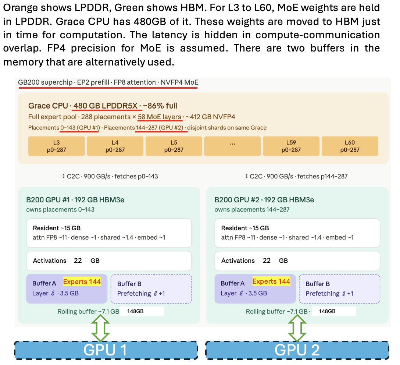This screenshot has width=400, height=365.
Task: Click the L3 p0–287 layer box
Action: tap(56, 146)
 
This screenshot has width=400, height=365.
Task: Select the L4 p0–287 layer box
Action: tap(115, 146)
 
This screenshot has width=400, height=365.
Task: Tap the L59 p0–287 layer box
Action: tap(291, 146)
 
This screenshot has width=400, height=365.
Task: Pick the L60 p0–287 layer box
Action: tap(350, 146)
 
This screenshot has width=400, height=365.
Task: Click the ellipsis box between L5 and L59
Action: tap(232, 146)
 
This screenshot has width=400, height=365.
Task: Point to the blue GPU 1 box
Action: tap(106, 350)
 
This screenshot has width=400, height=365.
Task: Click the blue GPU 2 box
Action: tap(297, 350)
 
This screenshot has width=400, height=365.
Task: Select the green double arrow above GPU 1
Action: tap(100, 328)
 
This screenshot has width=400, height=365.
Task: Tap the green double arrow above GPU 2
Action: tap(297, 328)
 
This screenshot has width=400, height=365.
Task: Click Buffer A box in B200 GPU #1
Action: tap(67, 289)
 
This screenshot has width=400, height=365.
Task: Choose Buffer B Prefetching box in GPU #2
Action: tap(340, 289)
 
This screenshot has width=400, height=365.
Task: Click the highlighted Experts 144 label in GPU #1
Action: tap(82, 282)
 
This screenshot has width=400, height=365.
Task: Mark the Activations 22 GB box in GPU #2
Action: tap(297, 261)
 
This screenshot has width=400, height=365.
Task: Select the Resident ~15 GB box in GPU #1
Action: tap(109, 233)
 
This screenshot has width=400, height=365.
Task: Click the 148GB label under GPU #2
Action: tap(327, 311)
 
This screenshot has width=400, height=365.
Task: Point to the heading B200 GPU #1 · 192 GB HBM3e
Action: tap(75, 199)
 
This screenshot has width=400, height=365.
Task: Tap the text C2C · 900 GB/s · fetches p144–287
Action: tap(296, 176)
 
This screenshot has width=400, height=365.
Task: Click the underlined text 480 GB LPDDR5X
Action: tap(106, 106)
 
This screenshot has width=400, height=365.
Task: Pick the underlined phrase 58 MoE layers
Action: tap(160, 117)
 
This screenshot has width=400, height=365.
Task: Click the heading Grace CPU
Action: tap(48, 106)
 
